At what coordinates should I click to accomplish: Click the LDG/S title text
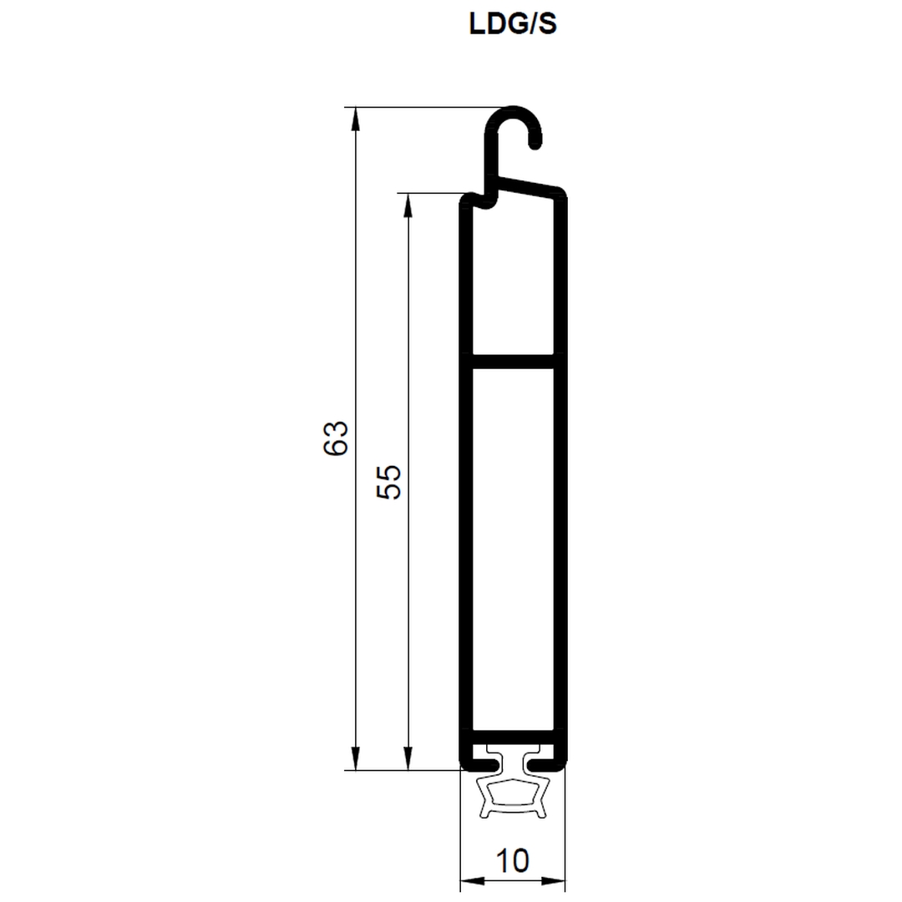[513, 24]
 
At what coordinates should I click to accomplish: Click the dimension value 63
[336, 438]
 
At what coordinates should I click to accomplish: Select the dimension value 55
[388, 482]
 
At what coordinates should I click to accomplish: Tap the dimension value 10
[512, 860]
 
